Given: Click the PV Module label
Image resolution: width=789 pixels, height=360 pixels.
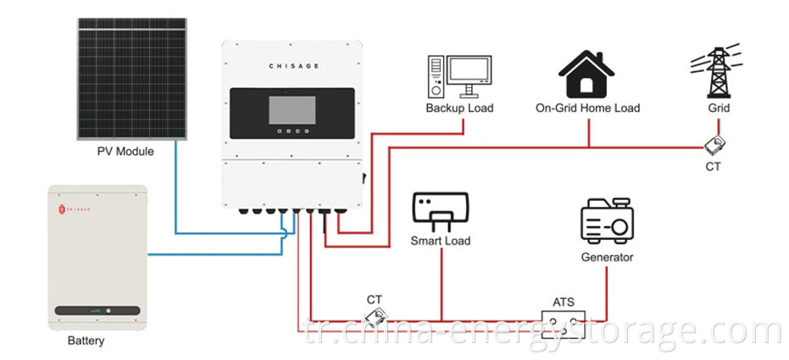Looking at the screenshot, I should [x=126, y=152].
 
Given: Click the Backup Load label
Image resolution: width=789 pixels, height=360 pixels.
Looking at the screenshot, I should [x=459, y=108].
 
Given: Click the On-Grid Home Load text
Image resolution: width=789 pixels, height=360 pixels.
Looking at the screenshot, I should [x=588, y=108].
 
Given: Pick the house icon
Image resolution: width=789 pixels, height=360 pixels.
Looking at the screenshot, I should [x=588, y=73].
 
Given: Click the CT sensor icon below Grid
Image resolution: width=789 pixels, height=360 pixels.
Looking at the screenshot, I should [x=714, y=145].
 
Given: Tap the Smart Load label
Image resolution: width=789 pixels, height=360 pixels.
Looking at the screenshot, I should [x=441, y=241].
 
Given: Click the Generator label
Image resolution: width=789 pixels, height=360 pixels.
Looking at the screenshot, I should [x=607, y=257].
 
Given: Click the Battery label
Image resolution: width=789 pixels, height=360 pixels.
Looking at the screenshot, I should [x=86, y=342].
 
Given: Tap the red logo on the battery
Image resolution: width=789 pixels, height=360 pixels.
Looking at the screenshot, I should [x=61, y=206].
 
